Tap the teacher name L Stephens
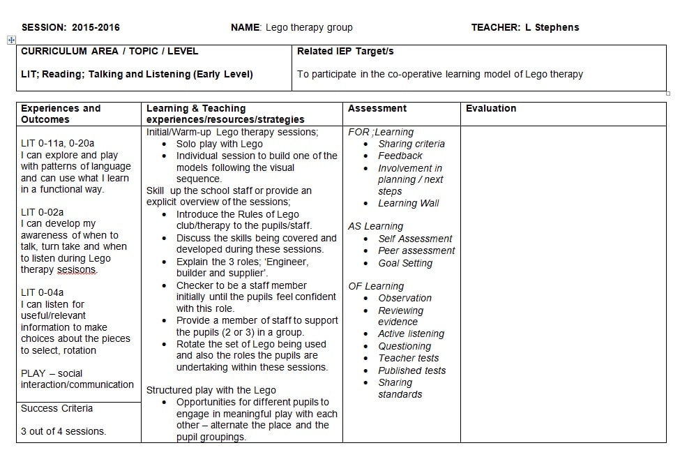[552, 28]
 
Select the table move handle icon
[11, 40]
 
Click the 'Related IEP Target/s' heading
[345, 52]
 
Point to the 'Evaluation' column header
[491, 109]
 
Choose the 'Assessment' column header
[377, 109]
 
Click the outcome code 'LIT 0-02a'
[43, 212]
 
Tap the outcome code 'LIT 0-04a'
[43, 292]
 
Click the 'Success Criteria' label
[56, 409]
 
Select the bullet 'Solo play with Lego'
[219, 144]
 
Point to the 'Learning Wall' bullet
[409, 204]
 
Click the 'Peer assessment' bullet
[416, 251]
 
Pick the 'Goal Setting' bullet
[405, 263]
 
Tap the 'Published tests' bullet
[411, 370]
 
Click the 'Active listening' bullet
[411, 334]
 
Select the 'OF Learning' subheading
[376, 286]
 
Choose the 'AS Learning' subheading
[375, 227]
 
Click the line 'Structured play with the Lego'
[211, 391]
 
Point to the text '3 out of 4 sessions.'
[63, 431]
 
